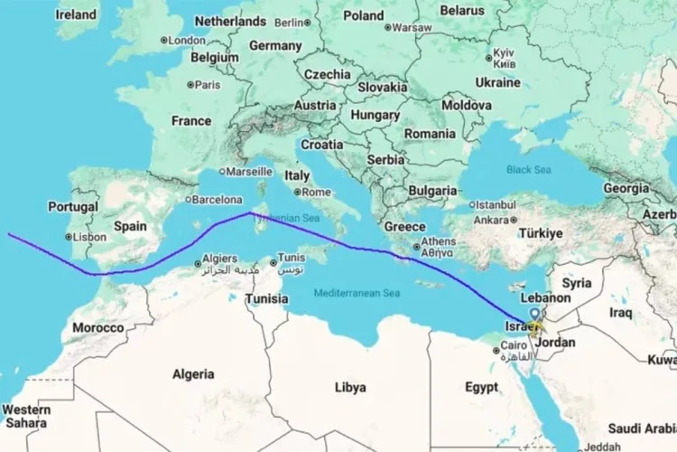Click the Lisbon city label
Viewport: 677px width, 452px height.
click(x=89, y=237)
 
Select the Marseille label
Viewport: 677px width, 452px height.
click(x=249, y=171)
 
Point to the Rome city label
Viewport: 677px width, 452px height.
click(x=316, y=192)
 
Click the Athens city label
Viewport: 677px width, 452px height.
click(x=439, y=241)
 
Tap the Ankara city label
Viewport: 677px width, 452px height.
click(x=492, y=220)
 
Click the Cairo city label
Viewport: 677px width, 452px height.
click(x=513, y=345)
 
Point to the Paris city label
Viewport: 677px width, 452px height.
click(x=208, y=85)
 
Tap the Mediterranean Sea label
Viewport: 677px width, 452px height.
click(x=357, y=293)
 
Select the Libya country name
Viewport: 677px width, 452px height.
click(x=350, y=388)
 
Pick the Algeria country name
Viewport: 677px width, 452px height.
click(x=193, y=373)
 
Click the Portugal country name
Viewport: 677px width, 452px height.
click(x=73, y=207)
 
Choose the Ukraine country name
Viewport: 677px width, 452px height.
click(x=497, y=82)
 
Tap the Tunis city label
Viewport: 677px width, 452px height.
click(x=291, y=257)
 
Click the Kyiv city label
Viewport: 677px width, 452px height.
click(x=503, y=54)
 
